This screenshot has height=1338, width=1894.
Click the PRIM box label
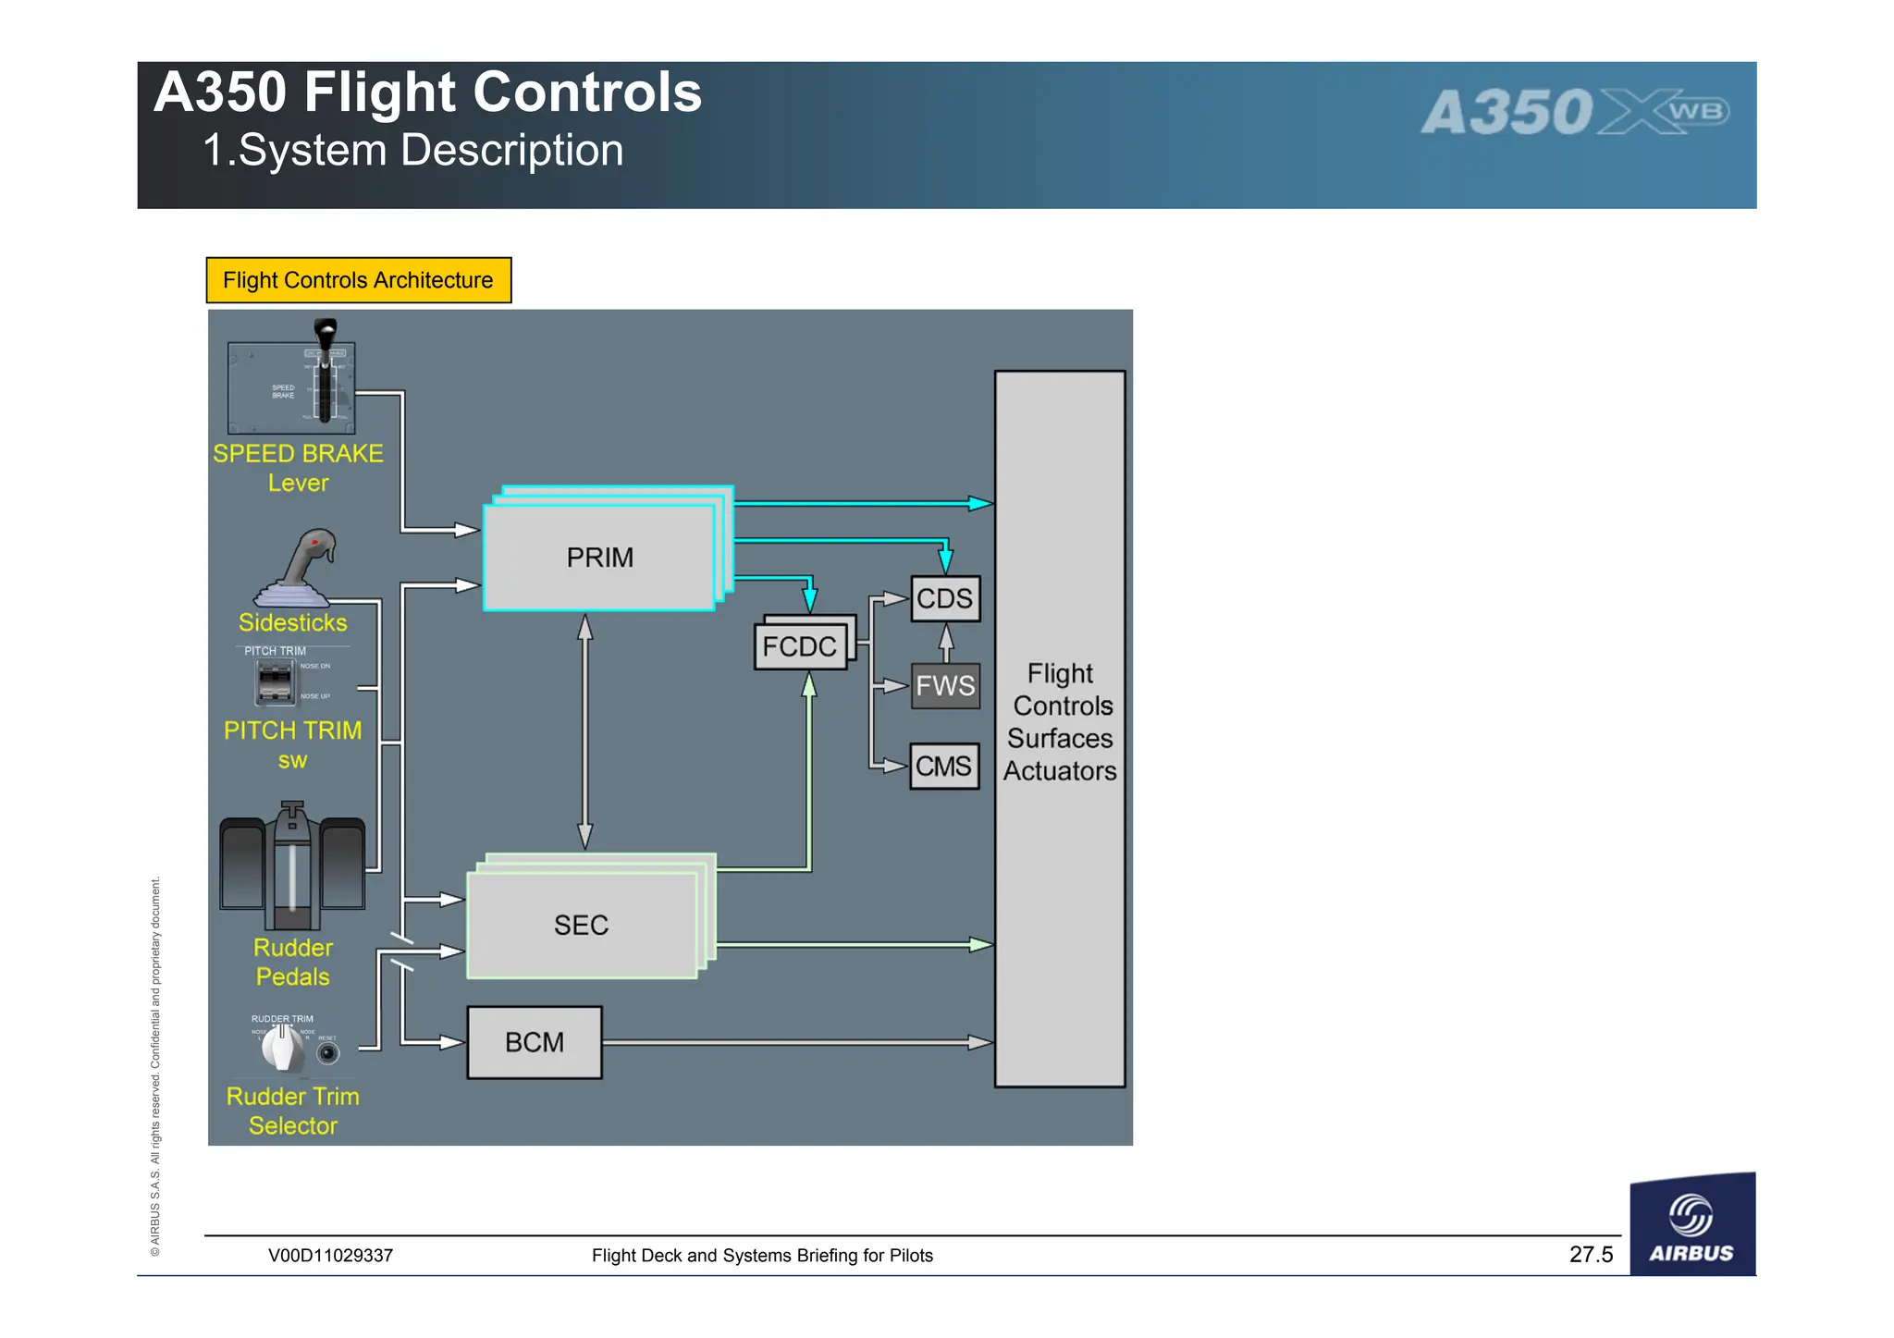(x=599, y=558)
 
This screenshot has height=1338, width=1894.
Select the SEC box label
(x=581, y=925)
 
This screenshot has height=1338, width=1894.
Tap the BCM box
(x=535, y=1042)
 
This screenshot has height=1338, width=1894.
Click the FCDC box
(x=800, y=646)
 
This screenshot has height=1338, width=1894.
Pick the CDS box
(x=944, y=598)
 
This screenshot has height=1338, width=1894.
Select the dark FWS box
(x=944, y=685)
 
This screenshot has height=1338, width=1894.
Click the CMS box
(x=943, y=766)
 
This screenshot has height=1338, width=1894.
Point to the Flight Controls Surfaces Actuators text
(x=1060, y=721)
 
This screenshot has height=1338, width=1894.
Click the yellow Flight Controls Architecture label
(x=358, y=280)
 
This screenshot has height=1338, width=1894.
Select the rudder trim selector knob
(x=281, y=1048)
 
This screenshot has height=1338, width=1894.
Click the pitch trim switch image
(x=275, y=682)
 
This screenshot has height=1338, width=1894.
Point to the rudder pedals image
(x=292, y=865)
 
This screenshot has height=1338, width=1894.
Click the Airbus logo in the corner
(x=1691, y=1225)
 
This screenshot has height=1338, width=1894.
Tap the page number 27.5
(x=1591, y=1254)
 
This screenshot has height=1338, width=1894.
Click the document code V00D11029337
(x=330, y=1256)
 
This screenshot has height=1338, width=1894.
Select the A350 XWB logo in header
(x=1574, y=113)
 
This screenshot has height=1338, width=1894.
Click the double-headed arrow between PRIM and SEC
(x=584, y=730)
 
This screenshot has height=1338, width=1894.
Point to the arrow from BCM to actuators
(x=795, y=1042)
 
